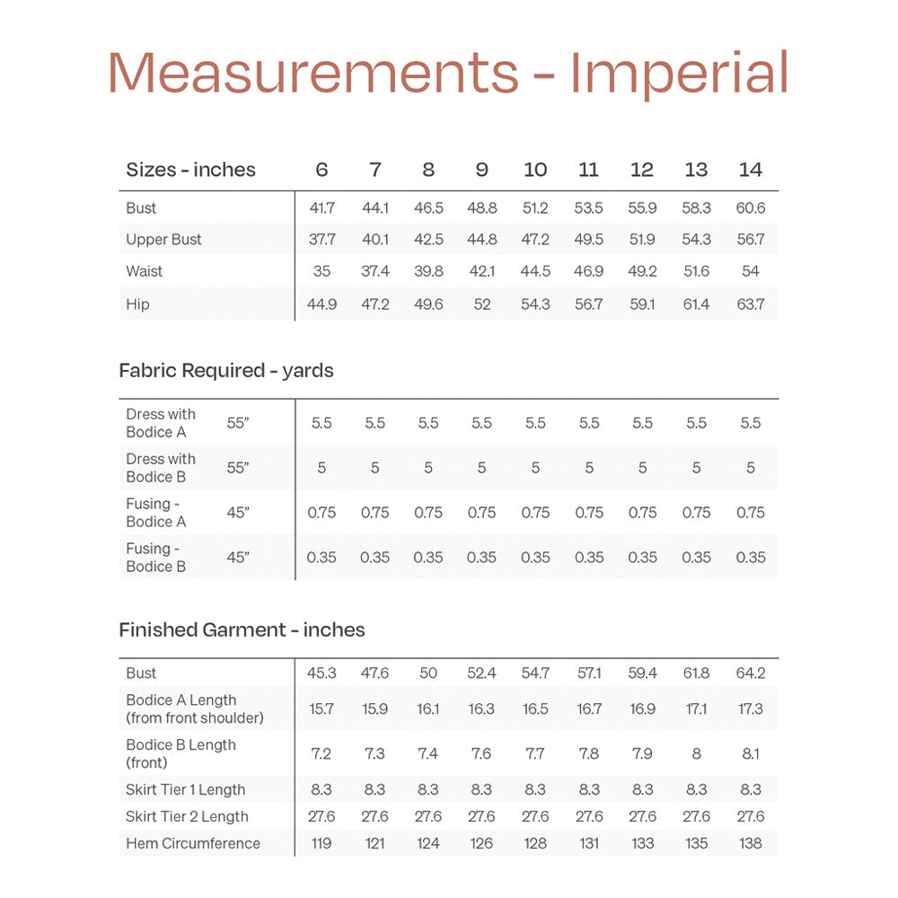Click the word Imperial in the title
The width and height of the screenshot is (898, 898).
click(x=680, y=74)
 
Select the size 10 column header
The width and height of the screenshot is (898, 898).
click(x=535, y=170)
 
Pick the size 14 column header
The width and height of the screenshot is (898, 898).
click(x=750, y=170)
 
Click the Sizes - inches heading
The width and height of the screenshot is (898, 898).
click(x=190, y=170)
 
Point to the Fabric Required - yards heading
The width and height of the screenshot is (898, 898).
click(x=226, y=370)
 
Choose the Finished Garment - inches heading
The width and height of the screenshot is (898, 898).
click(x=242, y=629)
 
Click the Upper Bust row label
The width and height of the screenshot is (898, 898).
click(x=163, y=240)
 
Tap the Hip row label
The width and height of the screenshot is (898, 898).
click(x=137, y=304)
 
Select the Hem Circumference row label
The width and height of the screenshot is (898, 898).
click(x=193, y=843)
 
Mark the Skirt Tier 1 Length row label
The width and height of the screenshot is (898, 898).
click(x=185, y=789)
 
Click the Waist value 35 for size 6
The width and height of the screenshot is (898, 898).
click(x=321, y=271)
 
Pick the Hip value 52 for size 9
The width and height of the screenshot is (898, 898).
click(x=482, y=304)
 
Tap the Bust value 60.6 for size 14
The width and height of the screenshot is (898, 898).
click(x=750, y=207)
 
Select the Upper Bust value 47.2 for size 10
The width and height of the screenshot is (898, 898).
click(x=535, y=240)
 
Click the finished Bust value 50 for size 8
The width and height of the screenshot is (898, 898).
click(x=428, y=673)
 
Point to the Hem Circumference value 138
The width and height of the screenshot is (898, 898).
click(x=750, y=843)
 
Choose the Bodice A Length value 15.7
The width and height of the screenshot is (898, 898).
click(x=321, y=709)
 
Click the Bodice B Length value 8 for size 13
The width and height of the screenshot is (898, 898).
click(x=696, y=753)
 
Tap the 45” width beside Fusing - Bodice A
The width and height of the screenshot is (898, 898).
click(x=238, y=513)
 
